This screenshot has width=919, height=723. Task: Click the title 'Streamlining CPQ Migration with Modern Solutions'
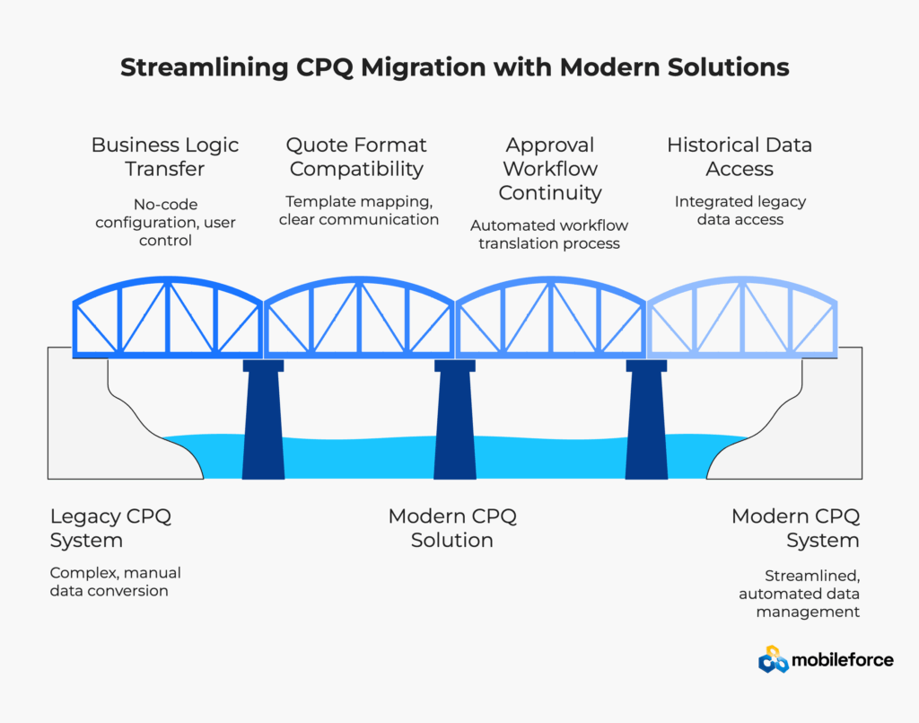[x=455, y=68]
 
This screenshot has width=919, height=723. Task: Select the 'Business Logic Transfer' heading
[x=165, y=156]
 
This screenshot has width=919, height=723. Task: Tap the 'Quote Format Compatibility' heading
[x=356, y=156]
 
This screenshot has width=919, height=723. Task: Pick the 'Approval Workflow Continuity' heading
[x=550, y=168]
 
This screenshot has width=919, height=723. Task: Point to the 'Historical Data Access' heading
[x=740, y=156]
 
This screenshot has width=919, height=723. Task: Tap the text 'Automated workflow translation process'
[x=549, y=234]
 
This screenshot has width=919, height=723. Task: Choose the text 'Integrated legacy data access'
[x=740, y=210]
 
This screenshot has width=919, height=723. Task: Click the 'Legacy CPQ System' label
[x=110, y=528]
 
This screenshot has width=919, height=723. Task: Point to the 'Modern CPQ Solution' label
[x=452, y=528]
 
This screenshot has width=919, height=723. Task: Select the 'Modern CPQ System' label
[x=795, y=528]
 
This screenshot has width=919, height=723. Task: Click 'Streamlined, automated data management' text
[x=799, y=594]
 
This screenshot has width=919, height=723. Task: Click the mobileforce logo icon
[x=773, y=660]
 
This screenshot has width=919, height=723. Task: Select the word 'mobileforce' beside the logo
[x=842, y=660]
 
